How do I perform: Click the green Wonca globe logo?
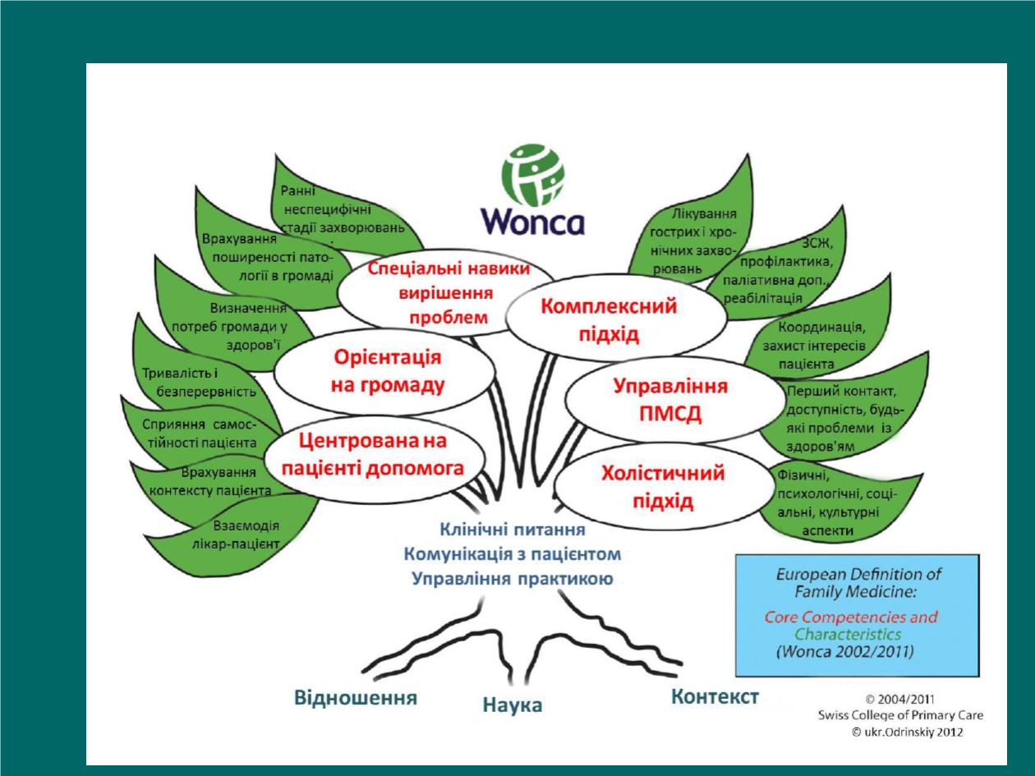(533, 175)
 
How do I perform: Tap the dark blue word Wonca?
(533, 222)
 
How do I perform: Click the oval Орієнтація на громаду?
(384, 372)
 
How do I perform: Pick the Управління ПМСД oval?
(675, 401)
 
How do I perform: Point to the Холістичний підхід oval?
(664, 486)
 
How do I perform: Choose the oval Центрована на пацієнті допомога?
(375, 456)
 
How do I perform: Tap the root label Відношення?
(356, 698)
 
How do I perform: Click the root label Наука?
(513, 705)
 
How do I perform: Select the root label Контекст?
(715, 696)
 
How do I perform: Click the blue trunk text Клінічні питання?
(513, 530)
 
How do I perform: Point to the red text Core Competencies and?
(851, 618)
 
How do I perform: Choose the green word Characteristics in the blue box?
(848, 635)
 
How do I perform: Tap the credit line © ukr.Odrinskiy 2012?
(907, 732)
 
